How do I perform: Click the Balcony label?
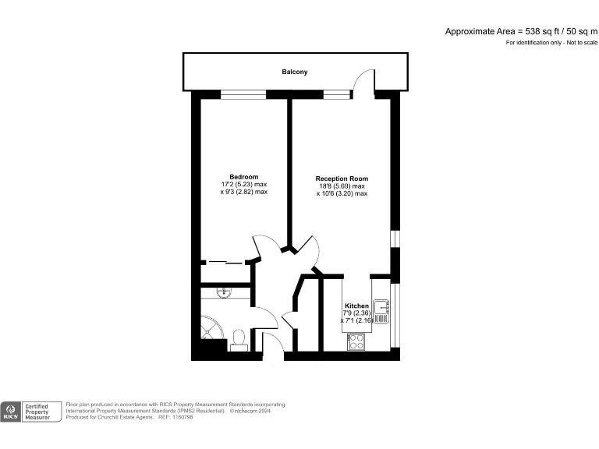(x=295, y=72)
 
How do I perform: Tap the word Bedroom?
(x=243, y=177)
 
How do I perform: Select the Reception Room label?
(x=342, y=179)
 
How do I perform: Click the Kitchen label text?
(x=356, y=306)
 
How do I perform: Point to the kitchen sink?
(x=381, y=309)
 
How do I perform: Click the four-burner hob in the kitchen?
(x=356, y=341)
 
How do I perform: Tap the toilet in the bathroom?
(x=239, y=337)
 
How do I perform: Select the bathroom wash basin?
(x=225, y=292)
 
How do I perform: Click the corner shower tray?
(x=211, y=328)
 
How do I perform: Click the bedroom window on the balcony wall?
(x=243, y=94)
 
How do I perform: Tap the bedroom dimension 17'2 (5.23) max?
(x=244, y=185)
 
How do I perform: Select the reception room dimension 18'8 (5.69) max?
(x=342, y=186)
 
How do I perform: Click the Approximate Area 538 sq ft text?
(x=520, y=31)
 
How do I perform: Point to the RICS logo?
(x=12, y=412)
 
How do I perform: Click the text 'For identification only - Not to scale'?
(x=551, y=42)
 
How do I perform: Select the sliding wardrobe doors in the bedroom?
(x=226, y=263)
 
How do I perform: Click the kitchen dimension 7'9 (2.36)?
(x=356, y=313)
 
